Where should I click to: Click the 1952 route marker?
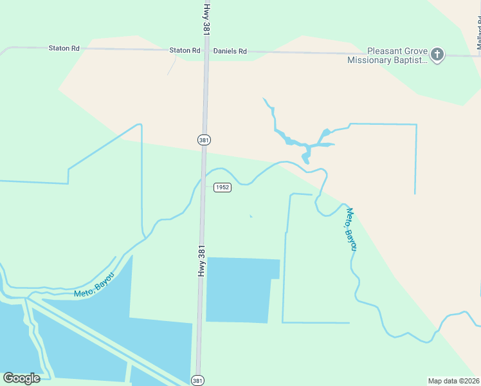[x=222, y=187]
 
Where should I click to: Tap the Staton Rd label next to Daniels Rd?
[x=185, y=50]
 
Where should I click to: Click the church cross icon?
[x=437, y=55]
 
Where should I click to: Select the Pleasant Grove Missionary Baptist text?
[x=387, y=56]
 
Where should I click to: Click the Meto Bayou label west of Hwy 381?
[x=94, y=285]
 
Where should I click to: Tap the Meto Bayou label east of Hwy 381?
[x=351, y=228]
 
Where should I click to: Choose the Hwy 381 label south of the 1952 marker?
[x=202, y=261]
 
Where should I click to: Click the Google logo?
[x=21, y=378]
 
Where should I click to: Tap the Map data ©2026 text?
[x=453, y=381]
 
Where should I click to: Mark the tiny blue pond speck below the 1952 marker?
[x=251, y=216]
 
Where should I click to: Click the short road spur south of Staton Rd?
[x=172, y=64]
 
